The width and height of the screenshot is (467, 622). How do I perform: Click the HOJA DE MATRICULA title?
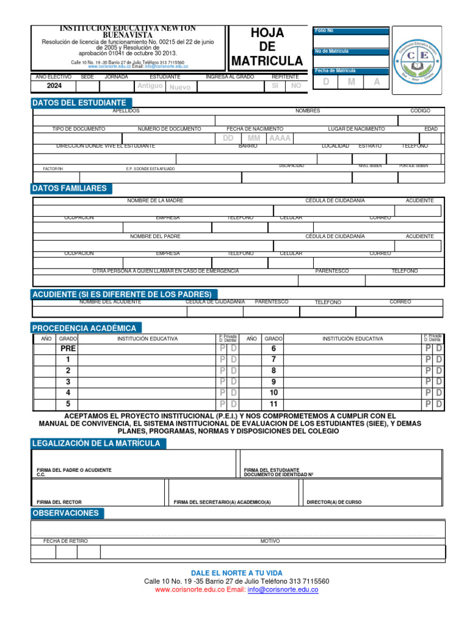pos(267,47)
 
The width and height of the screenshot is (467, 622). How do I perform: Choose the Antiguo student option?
pos(150,86)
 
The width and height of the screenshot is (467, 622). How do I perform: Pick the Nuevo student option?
pos(179,87)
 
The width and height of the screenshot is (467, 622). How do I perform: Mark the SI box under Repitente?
pos(275,86)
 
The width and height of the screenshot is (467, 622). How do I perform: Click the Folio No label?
pos(324,30)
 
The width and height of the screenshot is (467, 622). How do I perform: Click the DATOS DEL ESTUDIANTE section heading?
pos(79,103)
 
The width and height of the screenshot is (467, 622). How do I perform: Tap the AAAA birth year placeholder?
pos(280,138)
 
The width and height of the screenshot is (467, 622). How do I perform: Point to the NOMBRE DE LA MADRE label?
pos(155,200)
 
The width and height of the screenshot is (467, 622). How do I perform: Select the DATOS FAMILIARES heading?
pos(69,188)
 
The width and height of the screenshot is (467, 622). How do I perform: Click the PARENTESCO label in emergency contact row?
pos(332,271)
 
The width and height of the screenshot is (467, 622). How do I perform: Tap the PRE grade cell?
pos(67,349)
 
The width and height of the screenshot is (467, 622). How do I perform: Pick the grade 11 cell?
pos(273,404)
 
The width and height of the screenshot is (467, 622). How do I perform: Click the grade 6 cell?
pos(273,349)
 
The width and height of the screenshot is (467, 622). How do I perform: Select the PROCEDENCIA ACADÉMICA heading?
pos(84,328)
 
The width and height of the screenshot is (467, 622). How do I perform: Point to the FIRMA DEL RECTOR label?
pos(59,502)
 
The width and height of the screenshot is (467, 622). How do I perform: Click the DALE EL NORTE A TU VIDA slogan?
pos(237,573)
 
